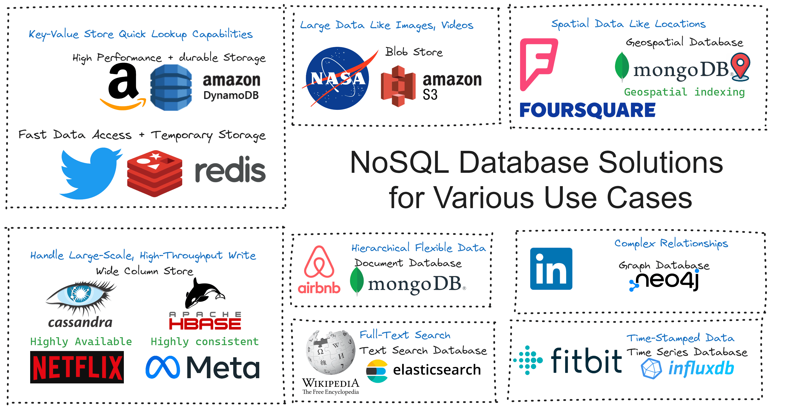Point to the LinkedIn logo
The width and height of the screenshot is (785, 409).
[x=551, y=269]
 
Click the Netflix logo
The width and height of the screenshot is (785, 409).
[x=77, y=367]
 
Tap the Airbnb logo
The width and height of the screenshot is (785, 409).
[x=319, y=269]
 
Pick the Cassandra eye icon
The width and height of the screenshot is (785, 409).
[x=80, y=297]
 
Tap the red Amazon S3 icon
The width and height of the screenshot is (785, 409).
[x=398, y=86]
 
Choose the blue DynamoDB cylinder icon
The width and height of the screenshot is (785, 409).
[x=171, y=88]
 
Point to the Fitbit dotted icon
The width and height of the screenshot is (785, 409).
[x=528, y=360]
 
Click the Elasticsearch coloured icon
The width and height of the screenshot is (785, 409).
[x=377, y=371]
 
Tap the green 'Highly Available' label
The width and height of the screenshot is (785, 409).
[x=81, y=342]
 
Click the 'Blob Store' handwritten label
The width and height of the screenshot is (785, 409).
[x=413, y=52]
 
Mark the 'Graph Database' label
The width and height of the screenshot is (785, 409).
[x=664, y=265]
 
